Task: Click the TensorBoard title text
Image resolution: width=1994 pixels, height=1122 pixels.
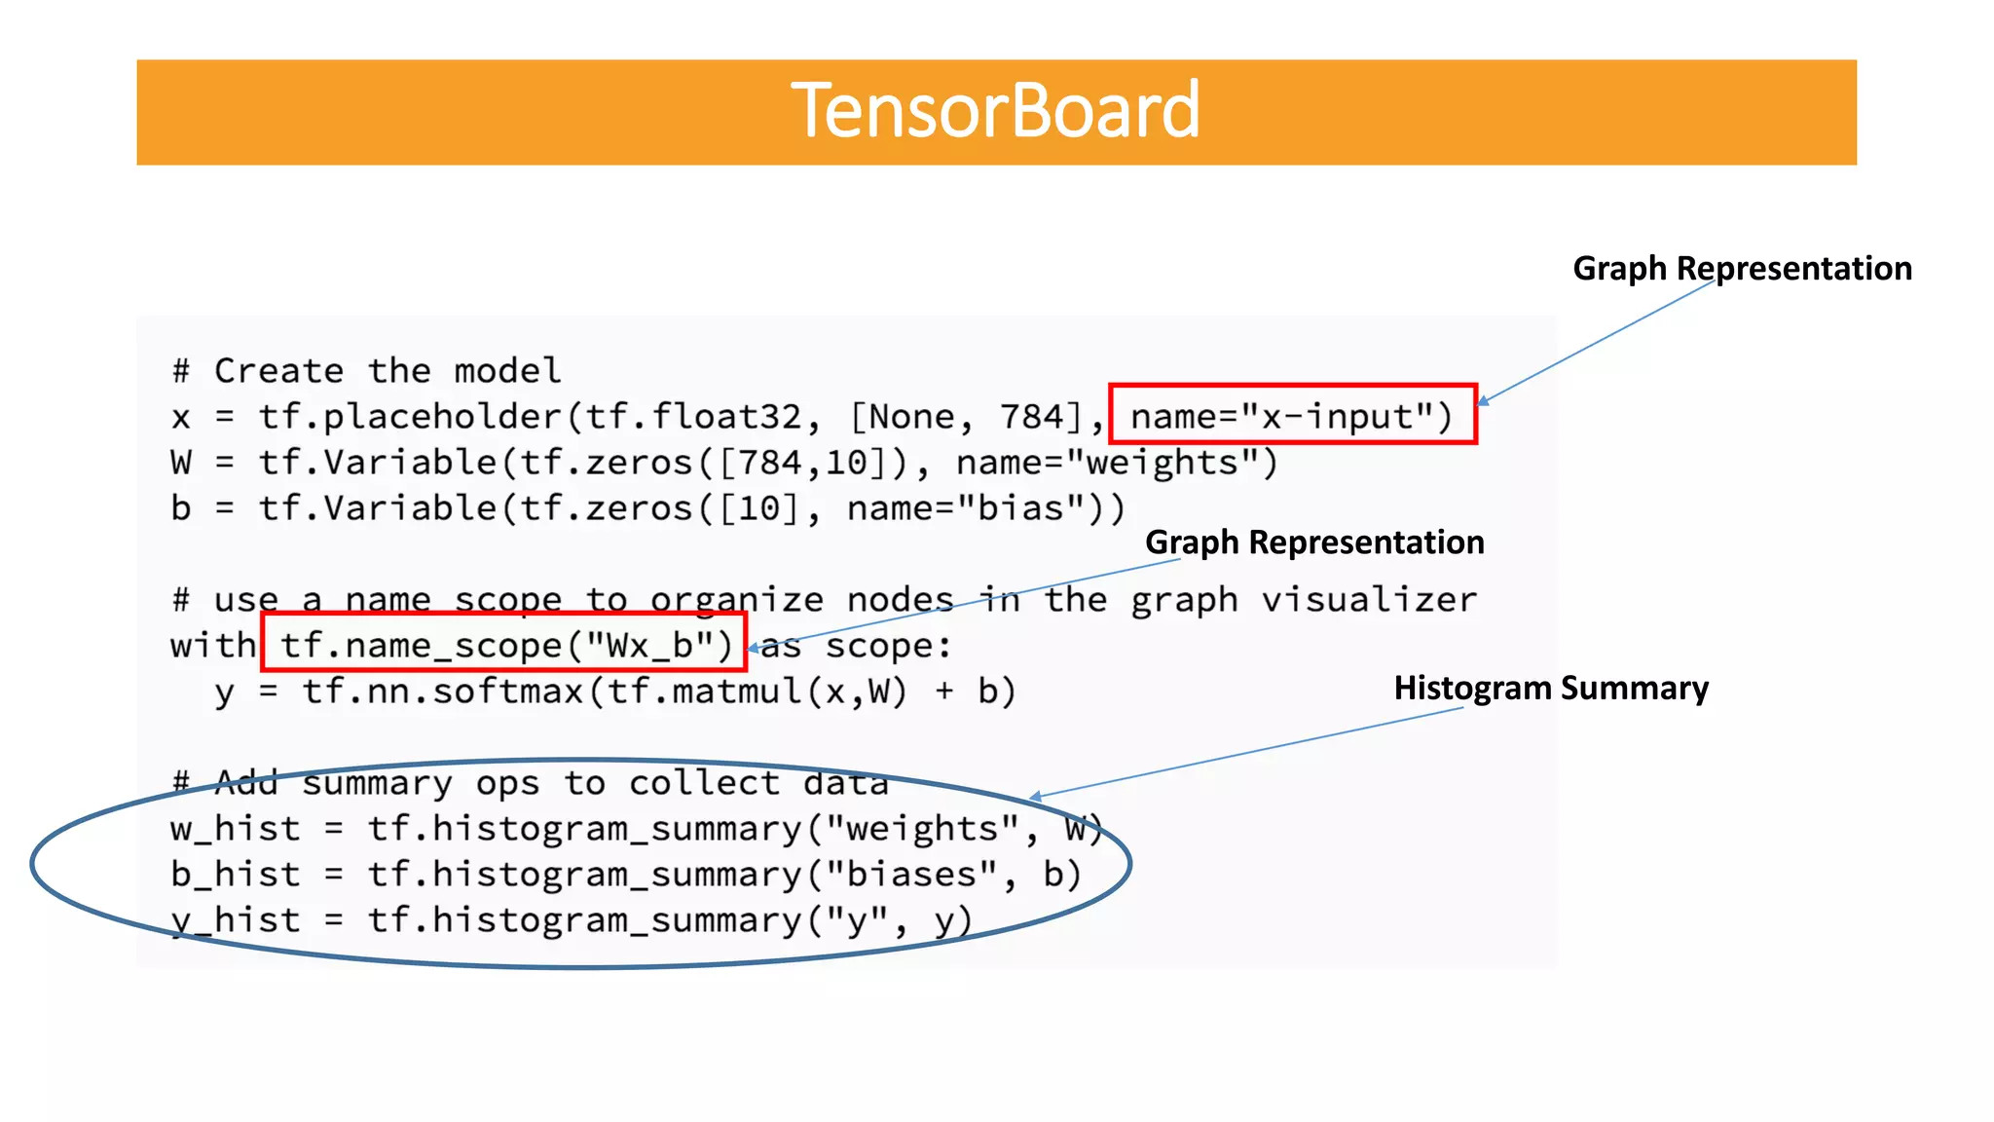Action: pos(995,110)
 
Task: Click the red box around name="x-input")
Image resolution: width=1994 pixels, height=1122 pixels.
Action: pos(1292,415)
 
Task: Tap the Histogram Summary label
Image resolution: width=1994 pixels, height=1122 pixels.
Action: pos(1550,688)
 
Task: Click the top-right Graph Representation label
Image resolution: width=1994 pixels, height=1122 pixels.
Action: pos(1742,268)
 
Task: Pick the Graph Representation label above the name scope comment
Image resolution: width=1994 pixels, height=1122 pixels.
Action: pos(1314,542)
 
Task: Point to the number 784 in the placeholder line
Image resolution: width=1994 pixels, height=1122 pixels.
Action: pos(1032,417)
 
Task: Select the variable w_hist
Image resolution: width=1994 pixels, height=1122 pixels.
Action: pos(235,829)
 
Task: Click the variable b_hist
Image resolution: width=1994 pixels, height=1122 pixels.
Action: pos(235,875)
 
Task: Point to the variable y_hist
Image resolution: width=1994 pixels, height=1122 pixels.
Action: pos(235,920)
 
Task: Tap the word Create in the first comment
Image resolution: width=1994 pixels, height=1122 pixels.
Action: pos(278,371)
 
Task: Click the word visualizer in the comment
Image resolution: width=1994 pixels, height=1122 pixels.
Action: pos(1369,600)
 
